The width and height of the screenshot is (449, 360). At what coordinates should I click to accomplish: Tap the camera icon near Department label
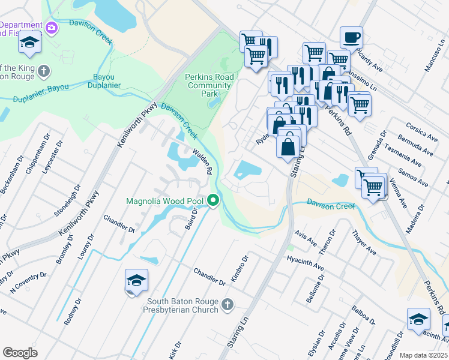point(52,28)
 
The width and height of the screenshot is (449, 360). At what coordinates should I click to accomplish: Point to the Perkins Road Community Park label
point(208,85)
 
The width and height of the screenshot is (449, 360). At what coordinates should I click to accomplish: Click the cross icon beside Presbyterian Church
point(227,305)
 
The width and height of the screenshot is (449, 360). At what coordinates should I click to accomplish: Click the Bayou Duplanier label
point(107,81)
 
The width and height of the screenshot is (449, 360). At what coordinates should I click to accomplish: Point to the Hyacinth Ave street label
point(306,262)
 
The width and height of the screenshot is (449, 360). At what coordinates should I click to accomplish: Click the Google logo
point(20,353)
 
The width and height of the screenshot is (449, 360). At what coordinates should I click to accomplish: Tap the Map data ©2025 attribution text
point(424,355)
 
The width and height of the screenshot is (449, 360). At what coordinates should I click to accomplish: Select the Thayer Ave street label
point(364,243)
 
